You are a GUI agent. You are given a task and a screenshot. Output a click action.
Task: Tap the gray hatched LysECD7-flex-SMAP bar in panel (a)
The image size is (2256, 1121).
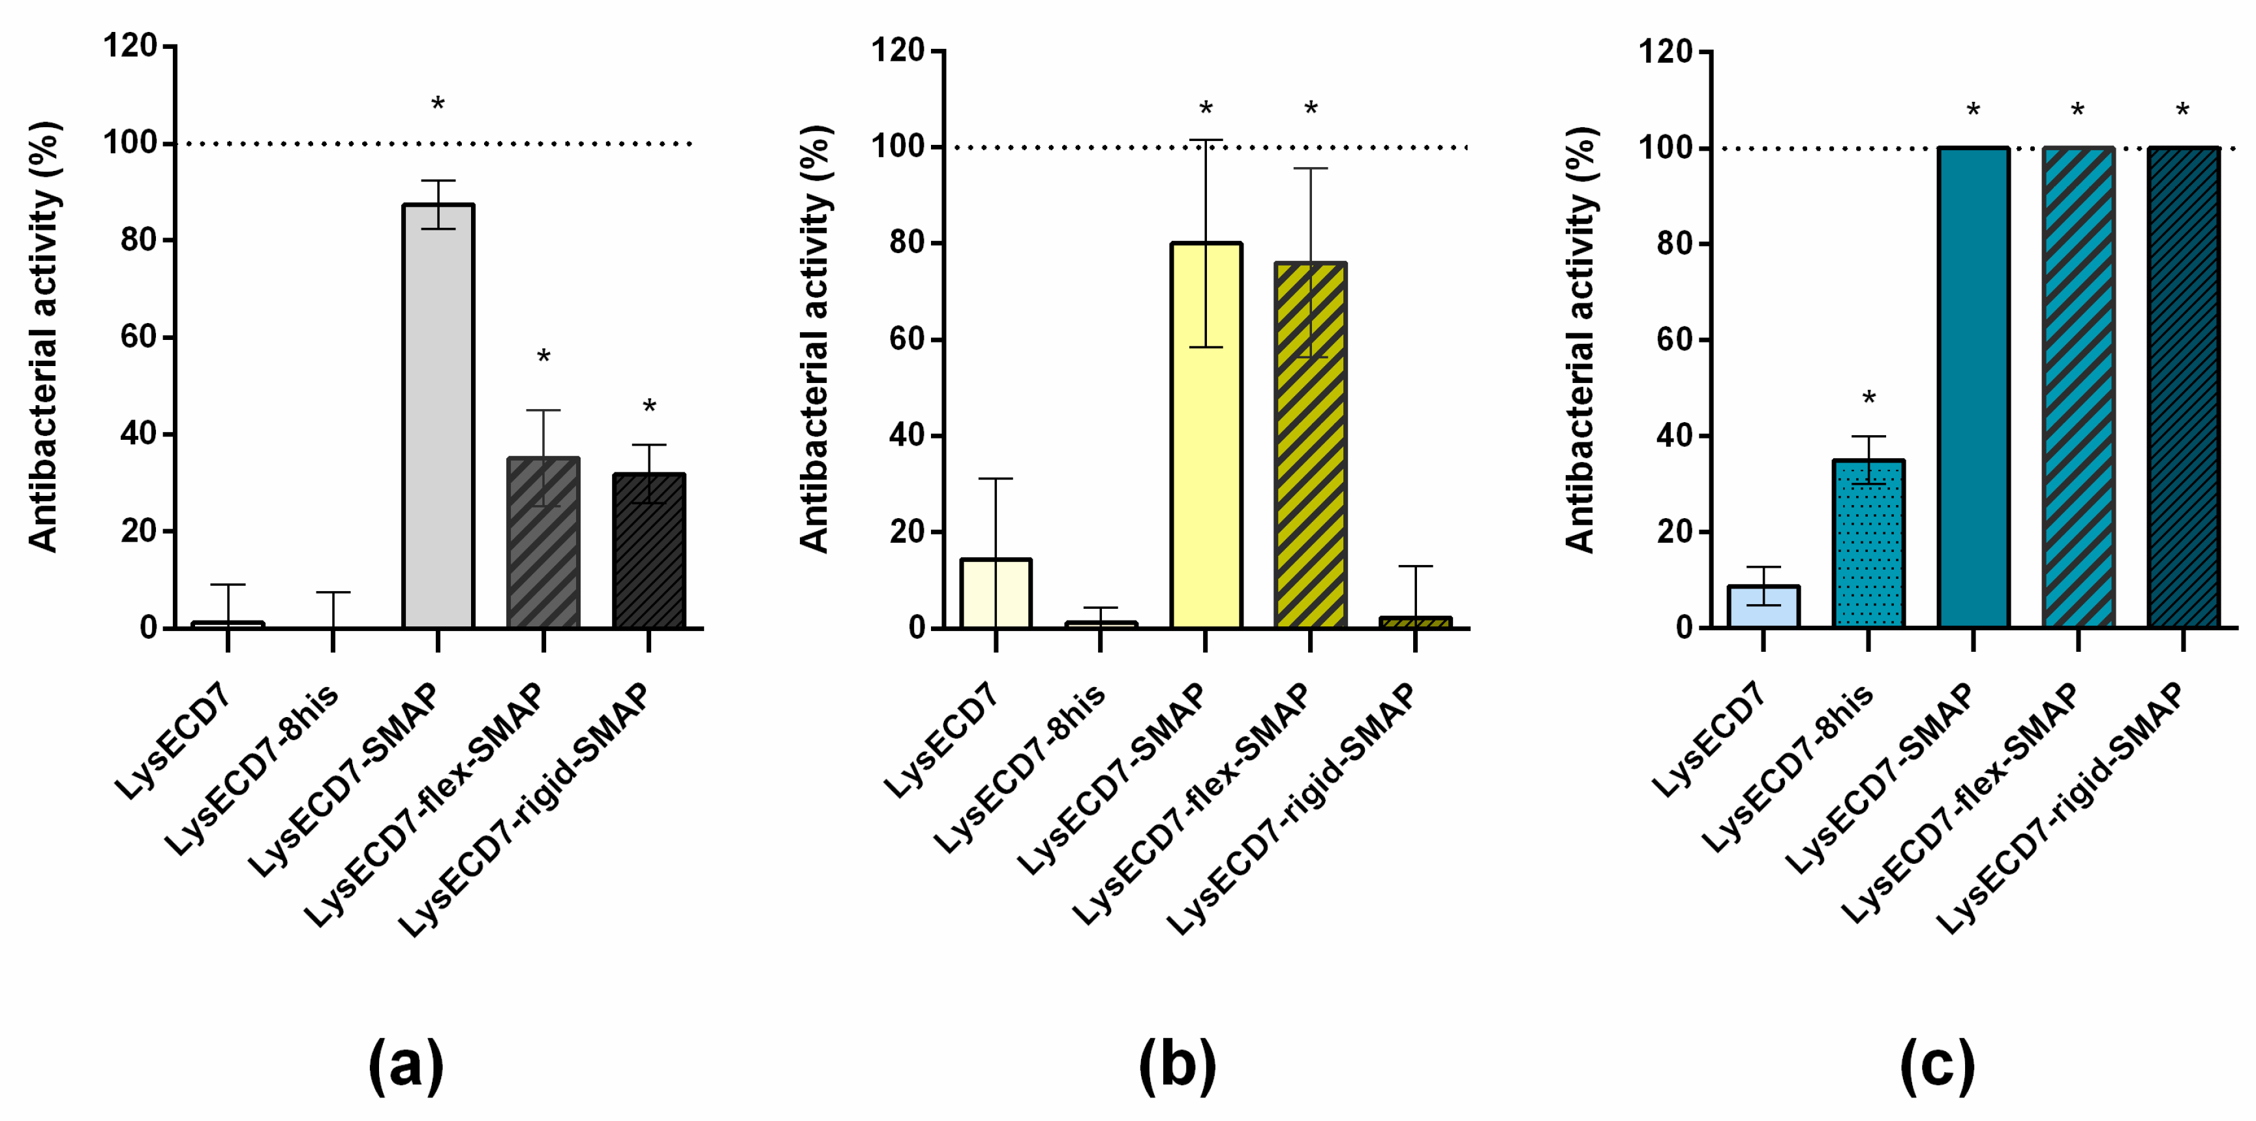coord(543,543)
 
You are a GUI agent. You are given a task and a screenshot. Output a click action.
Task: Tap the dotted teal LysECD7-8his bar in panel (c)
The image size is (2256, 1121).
coord(1868,543)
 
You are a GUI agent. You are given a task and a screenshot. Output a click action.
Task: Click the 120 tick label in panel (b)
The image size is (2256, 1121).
coord(898,50)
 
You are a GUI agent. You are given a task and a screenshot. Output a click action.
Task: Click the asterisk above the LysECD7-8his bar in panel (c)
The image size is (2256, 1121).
coord(1868,399)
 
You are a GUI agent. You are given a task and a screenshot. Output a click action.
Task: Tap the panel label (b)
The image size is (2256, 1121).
coord(1177,1065)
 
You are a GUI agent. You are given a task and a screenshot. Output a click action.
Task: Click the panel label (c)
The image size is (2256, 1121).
coord(1937,1065)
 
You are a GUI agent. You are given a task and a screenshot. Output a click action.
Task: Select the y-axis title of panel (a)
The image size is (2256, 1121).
coord(43,337)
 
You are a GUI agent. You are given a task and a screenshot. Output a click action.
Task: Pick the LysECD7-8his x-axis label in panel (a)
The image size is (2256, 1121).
coord(252,769)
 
